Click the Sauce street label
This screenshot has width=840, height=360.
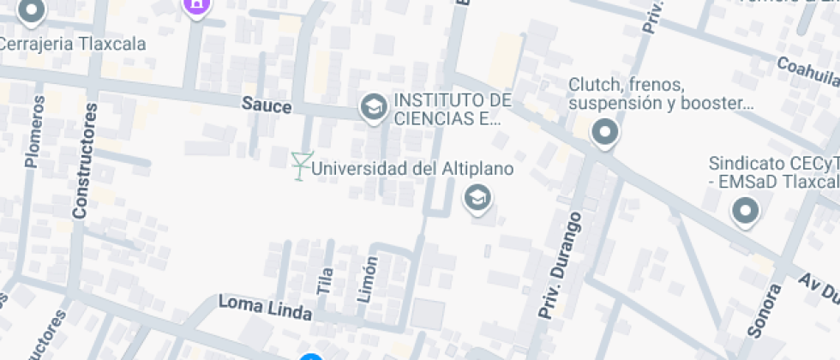click(267, 106)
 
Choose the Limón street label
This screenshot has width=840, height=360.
click(367, 279)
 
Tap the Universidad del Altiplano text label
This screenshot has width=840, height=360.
click(412, 168)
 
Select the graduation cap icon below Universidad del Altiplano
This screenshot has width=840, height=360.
click(476, 199)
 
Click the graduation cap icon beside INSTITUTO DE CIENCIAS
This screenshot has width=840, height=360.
click(373, 107)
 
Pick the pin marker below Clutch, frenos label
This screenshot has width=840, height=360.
click(606, 133)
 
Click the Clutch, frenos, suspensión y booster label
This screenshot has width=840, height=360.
click(660, 94)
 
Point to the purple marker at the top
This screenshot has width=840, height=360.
click(196, 4)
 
